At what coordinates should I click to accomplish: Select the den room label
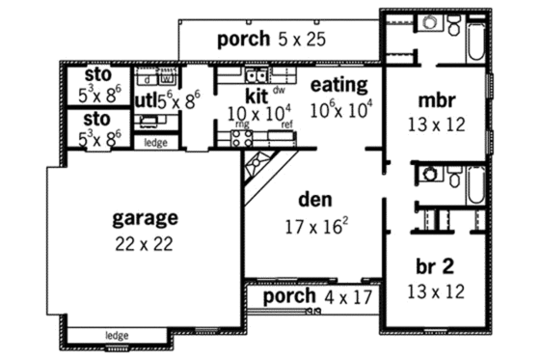(x=315, y=202)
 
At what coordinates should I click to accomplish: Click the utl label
(x=144, y=98)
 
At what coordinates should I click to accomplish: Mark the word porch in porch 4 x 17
(x=290, y=296)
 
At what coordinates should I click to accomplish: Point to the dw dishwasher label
(x=280, y=89)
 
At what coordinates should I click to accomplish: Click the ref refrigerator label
(x=286, y=125)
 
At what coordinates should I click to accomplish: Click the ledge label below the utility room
(x=154, y=143)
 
